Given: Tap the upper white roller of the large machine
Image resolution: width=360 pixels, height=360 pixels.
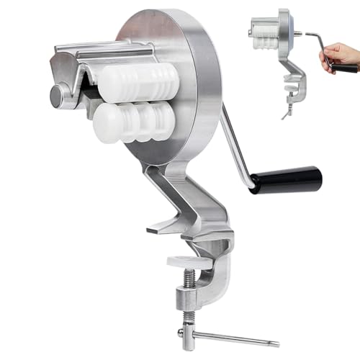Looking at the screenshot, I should [140, 81].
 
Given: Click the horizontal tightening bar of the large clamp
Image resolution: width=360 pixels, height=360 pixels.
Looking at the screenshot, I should [223, 336].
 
